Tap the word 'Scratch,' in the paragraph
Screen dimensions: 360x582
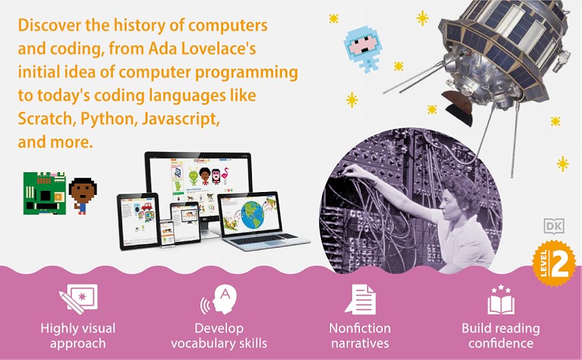(x=44, y=119)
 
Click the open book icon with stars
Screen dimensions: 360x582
(x=500, y=300)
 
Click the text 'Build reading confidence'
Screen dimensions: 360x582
(x=500, y=336)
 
